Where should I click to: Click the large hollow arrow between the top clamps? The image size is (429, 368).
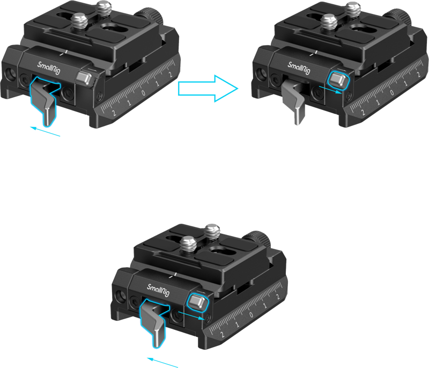point(208,89)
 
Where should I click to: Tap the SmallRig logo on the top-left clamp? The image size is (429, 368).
point(49,68)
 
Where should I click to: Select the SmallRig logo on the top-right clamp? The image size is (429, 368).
point(299,68)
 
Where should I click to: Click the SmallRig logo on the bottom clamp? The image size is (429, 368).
point(158,290)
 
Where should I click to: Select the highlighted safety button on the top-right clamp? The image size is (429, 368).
point(338,80)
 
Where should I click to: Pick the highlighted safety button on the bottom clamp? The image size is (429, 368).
point(197,302)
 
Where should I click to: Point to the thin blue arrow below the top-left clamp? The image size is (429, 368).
point(45,131)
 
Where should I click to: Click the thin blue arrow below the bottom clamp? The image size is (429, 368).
point(162,362)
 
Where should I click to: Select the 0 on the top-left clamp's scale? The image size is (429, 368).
point(143,93)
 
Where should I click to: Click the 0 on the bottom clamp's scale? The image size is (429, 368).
point(250,315)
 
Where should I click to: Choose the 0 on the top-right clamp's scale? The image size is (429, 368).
point(391,92)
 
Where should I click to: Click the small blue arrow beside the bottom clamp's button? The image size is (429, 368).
point(191,315)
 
